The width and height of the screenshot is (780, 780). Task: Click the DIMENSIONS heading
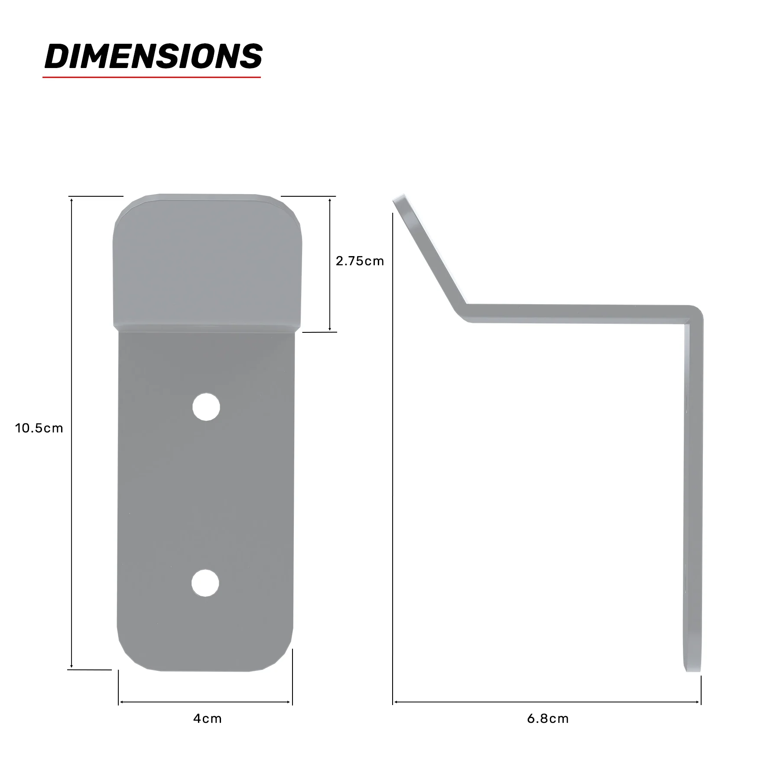point(153,56)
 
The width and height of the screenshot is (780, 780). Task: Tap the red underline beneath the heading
point(152,77)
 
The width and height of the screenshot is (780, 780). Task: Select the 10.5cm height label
point(39,429)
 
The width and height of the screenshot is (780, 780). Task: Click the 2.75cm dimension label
point(360,261)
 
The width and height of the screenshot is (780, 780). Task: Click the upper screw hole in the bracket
point(206,406)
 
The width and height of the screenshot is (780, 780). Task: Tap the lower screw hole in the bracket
point(206,583)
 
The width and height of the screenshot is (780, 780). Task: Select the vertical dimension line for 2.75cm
point(330,264)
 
